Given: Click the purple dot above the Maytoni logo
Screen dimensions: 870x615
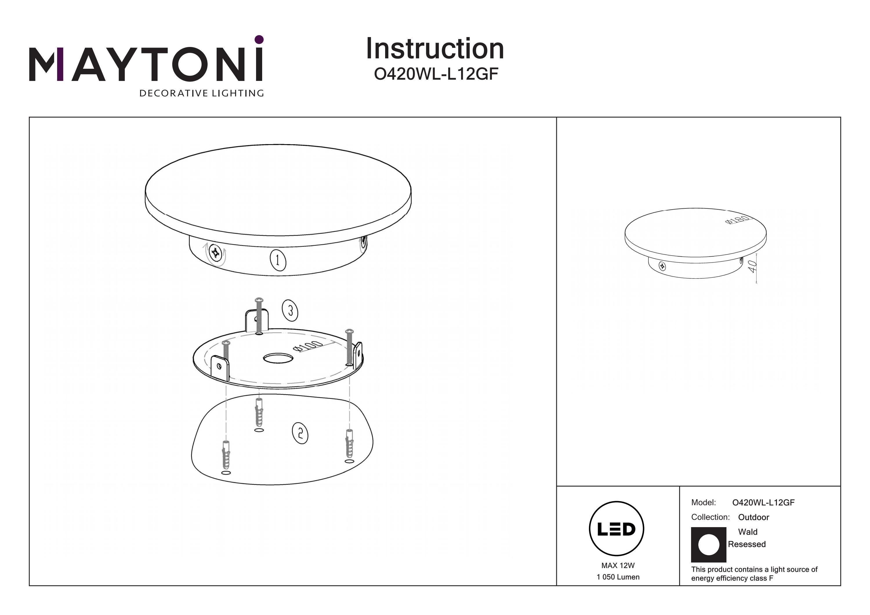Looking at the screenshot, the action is (x=259, y=39).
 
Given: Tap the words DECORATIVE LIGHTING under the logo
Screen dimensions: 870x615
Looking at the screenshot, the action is (x=202, y=93).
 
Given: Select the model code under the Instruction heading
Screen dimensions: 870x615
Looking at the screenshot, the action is (x=436, y=74).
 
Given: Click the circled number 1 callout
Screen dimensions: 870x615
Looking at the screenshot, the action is (x=278, y=260).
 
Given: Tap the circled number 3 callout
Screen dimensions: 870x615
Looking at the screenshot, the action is (x=290, y=311).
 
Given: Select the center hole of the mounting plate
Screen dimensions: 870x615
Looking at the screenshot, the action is (x=278, y=358).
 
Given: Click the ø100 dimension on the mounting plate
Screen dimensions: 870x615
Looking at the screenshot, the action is (x=308, y=346).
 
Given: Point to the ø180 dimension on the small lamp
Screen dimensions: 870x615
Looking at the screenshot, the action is (x=737, y=220).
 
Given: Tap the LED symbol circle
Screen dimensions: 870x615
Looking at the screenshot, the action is (x=617, y=529).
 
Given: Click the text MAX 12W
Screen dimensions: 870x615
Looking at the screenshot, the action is (x=618, y=566).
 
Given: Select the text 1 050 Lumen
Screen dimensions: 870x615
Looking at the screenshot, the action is (x=618, y=577).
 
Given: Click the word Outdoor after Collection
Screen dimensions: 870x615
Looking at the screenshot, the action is (x=754, y=517).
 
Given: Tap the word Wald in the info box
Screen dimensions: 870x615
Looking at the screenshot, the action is (x=748, y=532).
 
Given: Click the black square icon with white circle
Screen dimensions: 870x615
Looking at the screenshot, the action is (x=708, y=545).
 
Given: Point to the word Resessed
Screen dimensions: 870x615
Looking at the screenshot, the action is (x=747, y=544).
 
